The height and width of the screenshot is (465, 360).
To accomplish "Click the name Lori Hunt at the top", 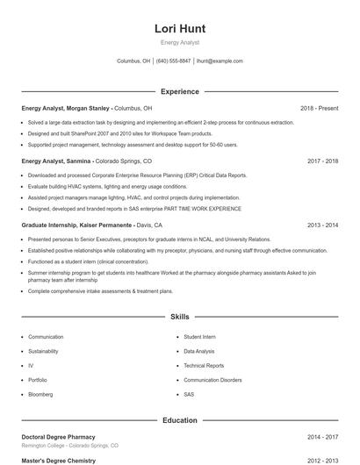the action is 179,28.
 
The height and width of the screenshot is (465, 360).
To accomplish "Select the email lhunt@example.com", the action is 220,61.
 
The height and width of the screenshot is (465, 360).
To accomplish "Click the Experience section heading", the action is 179,91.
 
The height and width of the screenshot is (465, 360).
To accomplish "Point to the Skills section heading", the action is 179,316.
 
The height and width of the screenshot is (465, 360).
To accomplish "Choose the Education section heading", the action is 179,420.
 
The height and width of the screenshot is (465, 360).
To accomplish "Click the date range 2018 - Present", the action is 319,108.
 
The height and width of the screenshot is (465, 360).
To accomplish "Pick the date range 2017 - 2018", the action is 322,161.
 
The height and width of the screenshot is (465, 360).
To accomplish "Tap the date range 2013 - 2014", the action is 322,225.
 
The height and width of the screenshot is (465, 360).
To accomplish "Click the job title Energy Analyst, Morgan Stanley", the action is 67,108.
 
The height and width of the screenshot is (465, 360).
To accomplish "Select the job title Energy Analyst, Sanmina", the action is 56,161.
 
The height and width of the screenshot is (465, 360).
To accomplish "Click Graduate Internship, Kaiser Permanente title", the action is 77,225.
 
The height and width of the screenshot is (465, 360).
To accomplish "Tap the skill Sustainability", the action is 44,351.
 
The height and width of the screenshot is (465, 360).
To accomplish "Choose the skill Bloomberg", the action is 40,395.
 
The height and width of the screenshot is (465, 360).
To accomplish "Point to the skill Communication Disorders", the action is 212,380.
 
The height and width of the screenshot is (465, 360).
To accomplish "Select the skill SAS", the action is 189,395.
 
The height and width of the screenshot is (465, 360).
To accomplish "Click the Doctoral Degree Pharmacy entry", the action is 58,437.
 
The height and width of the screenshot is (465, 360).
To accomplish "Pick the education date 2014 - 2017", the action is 322,437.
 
